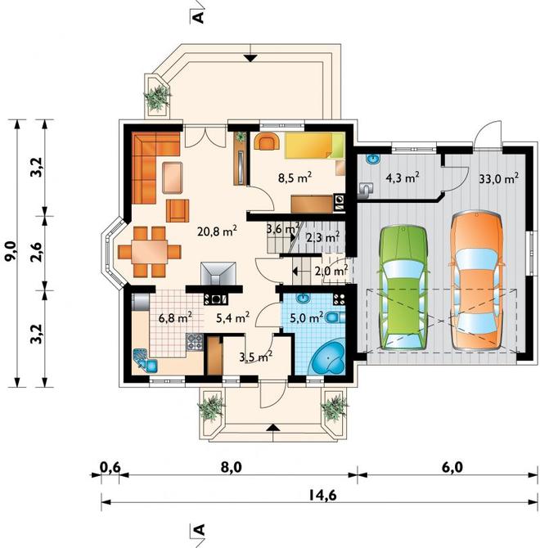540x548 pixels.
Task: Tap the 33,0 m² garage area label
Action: point(498,178)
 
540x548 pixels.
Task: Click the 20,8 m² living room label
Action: point(217,231)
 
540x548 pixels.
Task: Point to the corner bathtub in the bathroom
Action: point(328,357)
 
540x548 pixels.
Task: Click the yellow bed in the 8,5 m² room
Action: point(314,145)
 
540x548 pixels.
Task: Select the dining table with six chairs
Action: point(149,252)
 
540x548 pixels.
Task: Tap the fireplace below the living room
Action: point(218,274)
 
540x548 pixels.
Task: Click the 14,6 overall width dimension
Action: point(322,495)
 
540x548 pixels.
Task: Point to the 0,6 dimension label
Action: point(110,467)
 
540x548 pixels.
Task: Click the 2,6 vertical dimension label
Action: point(37,252)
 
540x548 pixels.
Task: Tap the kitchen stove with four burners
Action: point(195,342)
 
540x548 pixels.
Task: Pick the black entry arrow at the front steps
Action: point(273,427)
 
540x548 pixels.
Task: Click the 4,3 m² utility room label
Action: point(403,177)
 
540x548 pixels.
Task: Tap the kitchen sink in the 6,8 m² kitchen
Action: point(145,359)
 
